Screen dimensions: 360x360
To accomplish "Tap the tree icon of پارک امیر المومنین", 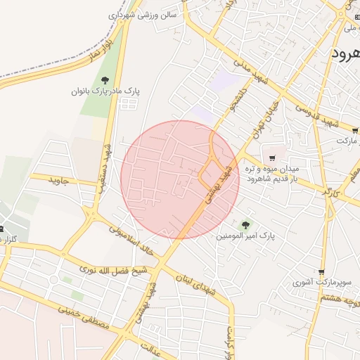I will pos(245,225).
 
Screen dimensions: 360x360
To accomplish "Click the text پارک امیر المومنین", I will pos(245,237).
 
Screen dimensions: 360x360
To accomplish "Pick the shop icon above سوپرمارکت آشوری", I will pos(321,272).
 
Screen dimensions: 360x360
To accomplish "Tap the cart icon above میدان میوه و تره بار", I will pos(272,158).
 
